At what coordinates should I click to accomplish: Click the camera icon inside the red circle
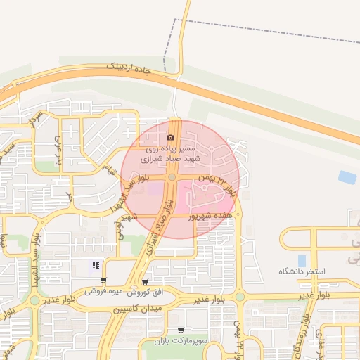click(171, 138)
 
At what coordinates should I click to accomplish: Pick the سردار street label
click(35, 117)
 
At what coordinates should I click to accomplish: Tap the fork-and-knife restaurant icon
click(96, 265)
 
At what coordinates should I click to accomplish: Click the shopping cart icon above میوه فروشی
click(103, 281)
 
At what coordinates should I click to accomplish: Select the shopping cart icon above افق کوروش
click(145, 282)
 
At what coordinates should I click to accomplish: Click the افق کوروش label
click(148, 291)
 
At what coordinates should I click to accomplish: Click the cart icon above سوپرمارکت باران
click(181, 330)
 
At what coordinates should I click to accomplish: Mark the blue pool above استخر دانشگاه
click(302, 260)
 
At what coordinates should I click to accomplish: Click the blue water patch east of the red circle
click(347, 177)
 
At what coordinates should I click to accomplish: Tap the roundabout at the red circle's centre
click(172, 178)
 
